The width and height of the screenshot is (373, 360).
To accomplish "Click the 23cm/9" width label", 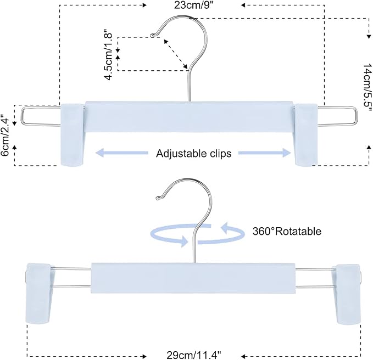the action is point(194,5).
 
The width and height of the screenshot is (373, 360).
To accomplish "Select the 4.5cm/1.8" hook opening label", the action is point(108,54).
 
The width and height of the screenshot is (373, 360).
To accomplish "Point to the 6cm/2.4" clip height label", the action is point(5,135).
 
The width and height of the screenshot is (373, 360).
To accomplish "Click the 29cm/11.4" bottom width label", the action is point(194,356).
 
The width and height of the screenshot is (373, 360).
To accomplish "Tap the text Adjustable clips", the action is point(193,153).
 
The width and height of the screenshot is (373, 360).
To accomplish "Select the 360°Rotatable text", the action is point(287,231).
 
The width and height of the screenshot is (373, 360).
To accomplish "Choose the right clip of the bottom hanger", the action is point(347,294).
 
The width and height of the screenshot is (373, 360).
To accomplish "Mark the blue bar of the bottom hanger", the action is point(193,278).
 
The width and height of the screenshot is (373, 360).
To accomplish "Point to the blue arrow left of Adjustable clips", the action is point(122,153).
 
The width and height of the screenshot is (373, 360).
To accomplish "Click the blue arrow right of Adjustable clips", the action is point(265,153).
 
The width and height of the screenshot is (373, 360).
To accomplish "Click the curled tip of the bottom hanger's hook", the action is point(157,198).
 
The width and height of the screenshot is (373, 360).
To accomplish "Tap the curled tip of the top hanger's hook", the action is point(152,36).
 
